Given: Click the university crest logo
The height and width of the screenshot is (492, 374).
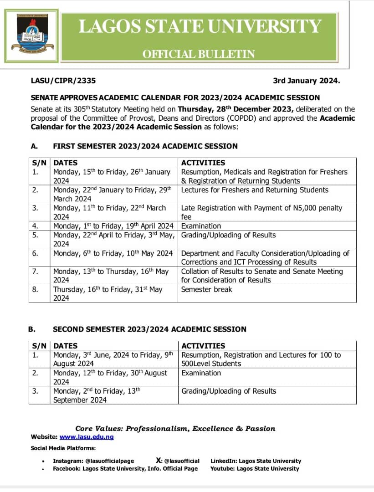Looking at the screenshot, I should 31,35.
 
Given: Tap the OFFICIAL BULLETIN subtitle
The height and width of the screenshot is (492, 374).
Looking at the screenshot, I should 199,54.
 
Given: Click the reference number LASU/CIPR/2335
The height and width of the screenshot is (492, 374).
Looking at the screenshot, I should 63,81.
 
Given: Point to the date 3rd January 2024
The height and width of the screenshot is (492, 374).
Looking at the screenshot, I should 306,81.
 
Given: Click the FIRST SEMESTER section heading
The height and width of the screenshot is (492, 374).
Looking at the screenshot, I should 145,146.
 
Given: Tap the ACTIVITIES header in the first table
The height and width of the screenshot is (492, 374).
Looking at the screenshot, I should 203,163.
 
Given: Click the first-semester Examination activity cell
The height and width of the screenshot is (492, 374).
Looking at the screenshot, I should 201,226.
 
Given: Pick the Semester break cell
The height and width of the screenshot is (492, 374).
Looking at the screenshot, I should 206,289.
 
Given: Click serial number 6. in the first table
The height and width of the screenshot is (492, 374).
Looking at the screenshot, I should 35,253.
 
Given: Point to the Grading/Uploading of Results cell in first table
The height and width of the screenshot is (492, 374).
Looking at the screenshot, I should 228,235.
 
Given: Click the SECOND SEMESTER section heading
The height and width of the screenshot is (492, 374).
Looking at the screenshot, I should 149,329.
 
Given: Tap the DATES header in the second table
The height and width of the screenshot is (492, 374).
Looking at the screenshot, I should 66,346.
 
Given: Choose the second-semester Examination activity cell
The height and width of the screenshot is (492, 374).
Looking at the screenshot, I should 201,373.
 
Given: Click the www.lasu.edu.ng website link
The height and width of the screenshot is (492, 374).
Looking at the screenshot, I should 87,437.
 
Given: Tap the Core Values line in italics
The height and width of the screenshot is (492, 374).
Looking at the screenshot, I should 175,428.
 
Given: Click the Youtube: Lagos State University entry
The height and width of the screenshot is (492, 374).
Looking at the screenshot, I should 255,468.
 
